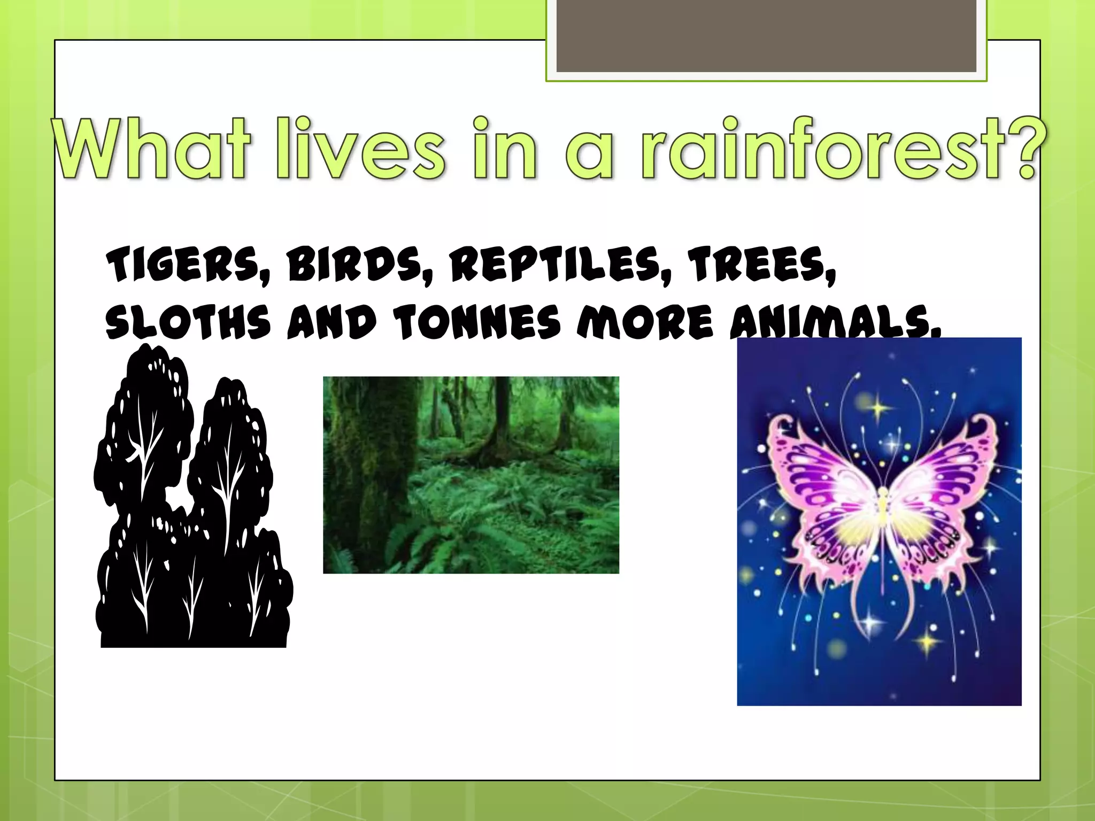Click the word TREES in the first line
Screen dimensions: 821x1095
click(762, 266)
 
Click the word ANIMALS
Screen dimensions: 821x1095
click(834, 324)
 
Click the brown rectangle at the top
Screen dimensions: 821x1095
click(766, 36)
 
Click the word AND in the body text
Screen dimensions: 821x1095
click(332, 323)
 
